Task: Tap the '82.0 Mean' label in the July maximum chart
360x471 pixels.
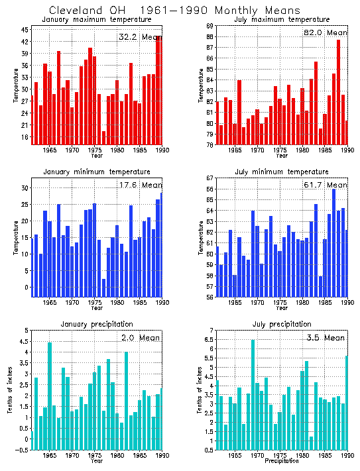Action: tap(325, 32)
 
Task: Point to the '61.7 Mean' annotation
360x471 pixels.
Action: tap(325, 185)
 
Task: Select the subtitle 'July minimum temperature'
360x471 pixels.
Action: tap(282, 172)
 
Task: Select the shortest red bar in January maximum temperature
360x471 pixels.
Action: tap(104, 137)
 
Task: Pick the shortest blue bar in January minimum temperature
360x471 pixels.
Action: tap(104, 288)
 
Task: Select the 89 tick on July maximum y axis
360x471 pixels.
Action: tap(210, 26)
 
